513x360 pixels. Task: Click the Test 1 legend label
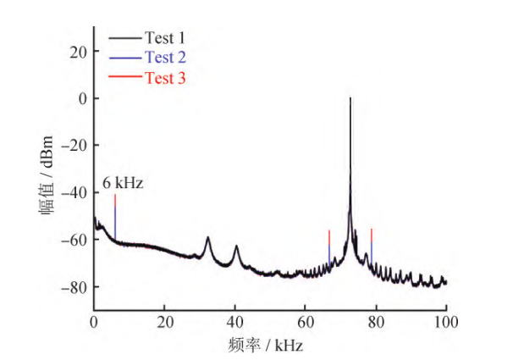(x=164, y=37)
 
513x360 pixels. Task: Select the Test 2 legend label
(x=164, y=58)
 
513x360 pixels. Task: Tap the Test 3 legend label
(x=164, y=78)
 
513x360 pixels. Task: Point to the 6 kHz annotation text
(x=124, y=183)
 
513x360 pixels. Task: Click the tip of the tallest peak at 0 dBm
(x=350, y=99)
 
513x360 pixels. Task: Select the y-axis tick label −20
(x=75, y=145)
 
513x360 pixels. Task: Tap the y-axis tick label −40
(x=75, y=192)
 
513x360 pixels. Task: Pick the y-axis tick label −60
(x=75, y=240)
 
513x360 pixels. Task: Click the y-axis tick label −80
(x=75, y=287)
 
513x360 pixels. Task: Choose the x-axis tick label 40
(x=235, y=322)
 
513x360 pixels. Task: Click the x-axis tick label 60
(x=306, y=322)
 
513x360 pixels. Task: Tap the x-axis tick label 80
(x=376, y=322)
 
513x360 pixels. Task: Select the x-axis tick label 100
(x=445, y=322)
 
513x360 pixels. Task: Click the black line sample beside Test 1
(x=124, y=37)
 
